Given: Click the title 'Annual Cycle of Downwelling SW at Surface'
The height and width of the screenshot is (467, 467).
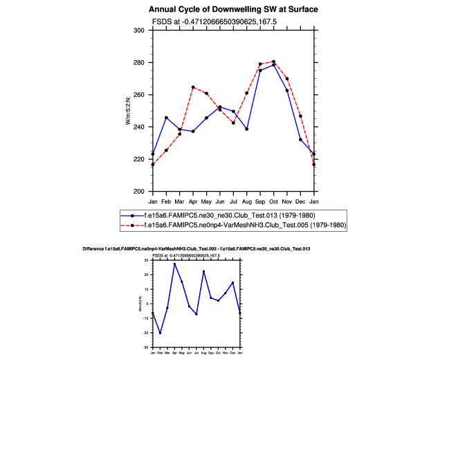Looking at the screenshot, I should [x=233, y=10].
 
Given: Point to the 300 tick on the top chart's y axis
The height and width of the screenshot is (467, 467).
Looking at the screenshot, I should [x=139, y=30].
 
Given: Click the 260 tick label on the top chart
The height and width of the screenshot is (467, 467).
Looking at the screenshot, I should [x=139, y=95].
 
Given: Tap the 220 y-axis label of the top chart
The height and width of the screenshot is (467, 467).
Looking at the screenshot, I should [x=139, y=159].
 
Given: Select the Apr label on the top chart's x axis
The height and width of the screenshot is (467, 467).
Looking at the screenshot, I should [x=193, y=201].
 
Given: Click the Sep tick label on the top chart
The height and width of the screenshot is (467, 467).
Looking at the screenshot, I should [x=260, y=201].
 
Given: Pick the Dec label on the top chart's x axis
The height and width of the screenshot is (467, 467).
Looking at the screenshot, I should [x=300, y=201].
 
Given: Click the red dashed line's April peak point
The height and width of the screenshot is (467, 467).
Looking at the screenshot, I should [x=193, y=87].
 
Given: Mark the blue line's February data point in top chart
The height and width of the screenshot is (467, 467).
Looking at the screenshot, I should [x=166, y=118].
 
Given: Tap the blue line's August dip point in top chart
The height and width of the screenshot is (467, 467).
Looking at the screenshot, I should [x=247, y=129].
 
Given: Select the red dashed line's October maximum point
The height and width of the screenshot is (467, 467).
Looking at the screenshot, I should [x=274, y=62].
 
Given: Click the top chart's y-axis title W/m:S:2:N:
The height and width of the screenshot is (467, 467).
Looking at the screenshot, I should [x=128, y=111].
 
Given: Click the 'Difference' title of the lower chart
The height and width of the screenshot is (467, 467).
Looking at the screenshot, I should [x=196, y=248].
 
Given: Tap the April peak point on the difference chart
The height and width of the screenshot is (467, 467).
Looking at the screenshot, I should [x=174, y=264].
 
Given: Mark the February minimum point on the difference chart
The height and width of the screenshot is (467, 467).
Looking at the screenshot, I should [x=160, y=333].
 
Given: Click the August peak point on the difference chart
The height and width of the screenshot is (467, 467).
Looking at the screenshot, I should [x=203, y=271].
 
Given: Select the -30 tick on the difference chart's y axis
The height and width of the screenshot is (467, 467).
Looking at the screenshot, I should [x=147, y=347].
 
